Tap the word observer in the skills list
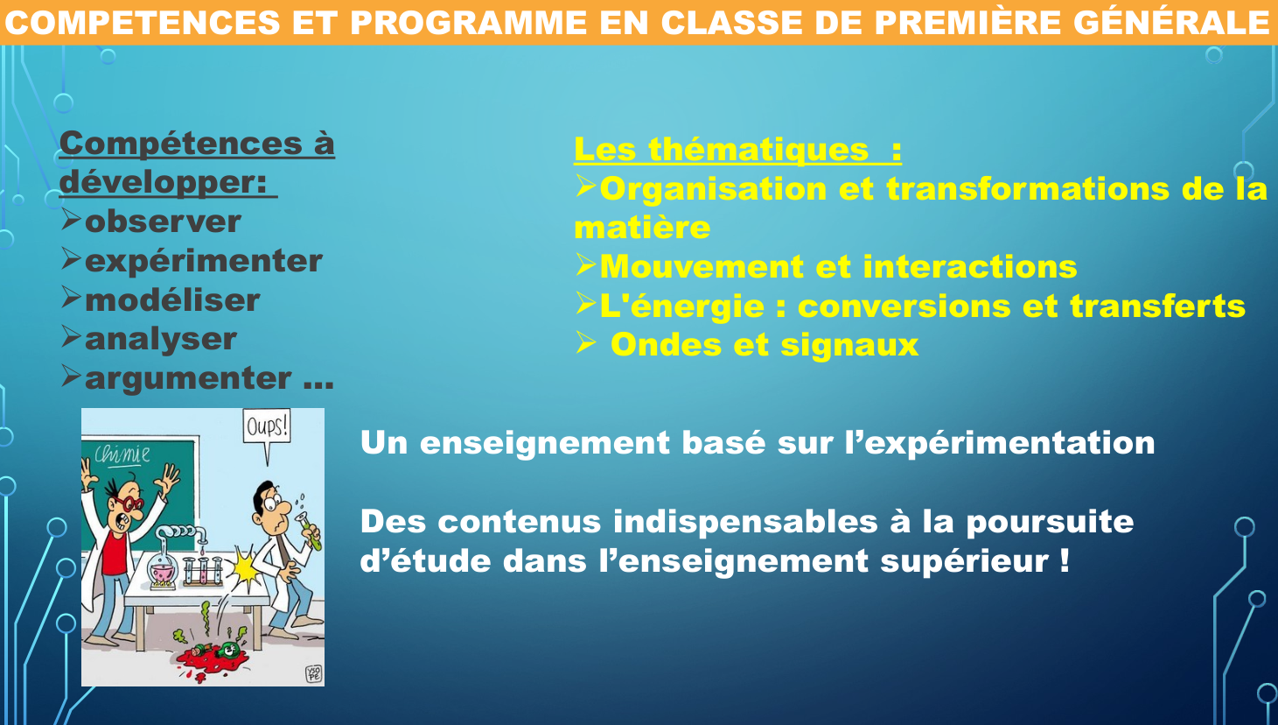[163, 222]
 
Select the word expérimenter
[204, 262]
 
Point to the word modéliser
[172, 300]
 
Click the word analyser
[161, 340]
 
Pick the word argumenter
[188, 379]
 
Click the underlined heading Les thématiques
[737, 150]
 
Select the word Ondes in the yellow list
[666, 345]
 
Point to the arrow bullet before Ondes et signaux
[586, 342]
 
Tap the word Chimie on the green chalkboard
[122, 454]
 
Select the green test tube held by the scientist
[310, 531]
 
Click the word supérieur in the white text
[964, 561]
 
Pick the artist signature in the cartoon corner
[314, 673]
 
